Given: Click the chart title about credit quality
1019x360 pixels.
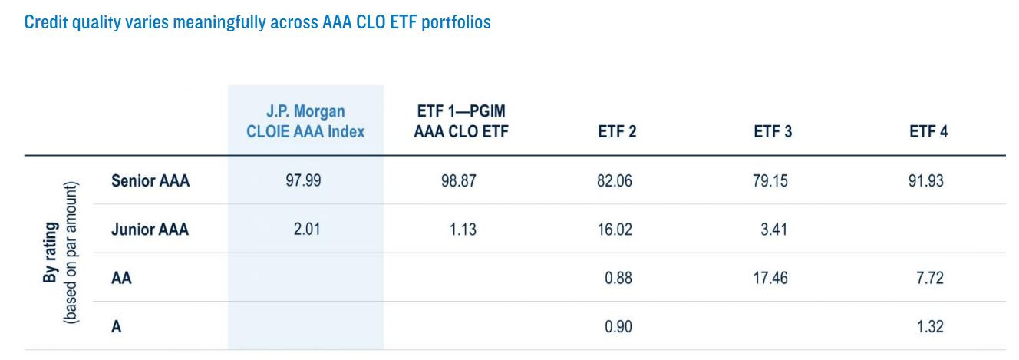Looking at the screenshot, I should tap(257, 21).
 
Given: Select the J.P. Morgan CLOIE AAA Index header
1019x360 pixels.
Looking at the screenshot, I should tap(305, 121).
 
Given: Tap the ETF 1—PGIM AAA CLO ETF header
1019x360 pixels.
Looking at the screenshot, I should tap(460, 121).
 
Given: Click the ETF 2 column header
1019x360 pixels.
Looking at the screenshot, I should tap(617, 131).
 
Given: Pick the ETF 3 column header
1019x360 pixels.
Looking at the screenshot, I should tap(773, 131).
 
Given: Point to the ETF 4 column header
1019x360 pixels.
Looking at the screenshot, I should tap(928, 131).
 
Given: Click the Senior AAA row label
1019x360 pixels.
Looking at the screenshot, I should tap(150, 181).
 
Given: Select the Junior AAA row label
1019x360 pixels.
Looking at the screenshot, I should tap(150, 229).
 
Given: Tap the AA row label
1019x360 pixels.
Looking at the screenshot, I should tap(121, 278).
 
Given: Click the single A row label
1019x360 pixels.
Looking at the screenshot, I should tap(117, 327).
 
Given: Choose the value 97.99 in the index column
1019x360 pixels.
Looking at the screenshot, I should tap(305, 181).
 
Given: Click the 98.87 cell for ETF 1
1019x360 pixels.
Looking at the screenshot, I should tap(460, 181).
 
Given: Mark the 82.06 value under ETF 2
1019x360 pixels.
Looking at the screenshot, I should tap(617, 181).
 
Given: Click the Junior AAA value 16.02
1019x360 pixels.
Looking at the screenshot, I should tap(617, 229).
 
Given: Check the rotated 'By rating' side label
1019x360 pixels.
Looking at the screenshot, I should tap(57, 253).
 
